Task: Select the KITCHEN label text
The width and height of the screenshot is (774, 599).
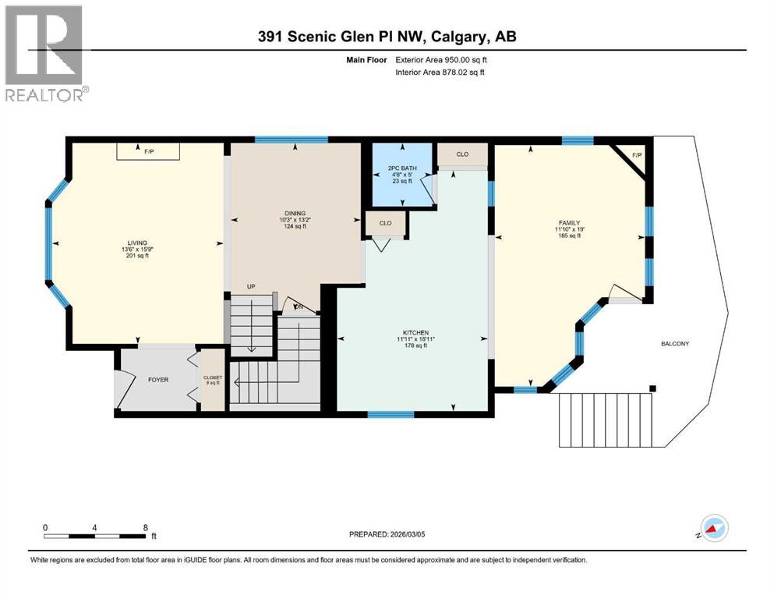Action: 412,332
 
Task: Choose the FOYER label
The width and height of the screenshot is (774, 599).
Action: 158,380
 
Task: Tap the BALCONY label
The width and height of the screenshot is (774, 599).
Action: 674,344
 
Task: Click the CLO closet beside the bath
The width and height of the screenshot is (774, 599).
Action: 462,154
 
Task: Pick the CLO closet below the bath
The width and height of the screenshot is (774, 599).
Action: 385,223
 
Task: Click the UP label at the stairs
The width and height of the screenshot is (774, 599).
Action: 251,287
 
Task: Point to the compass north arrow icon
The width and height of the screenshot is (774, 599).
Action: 713,530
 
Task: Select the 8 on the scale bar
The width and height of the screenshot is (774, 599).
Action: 146,527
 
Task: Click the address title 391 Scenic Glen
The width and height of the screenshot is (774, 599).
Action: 387,37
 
